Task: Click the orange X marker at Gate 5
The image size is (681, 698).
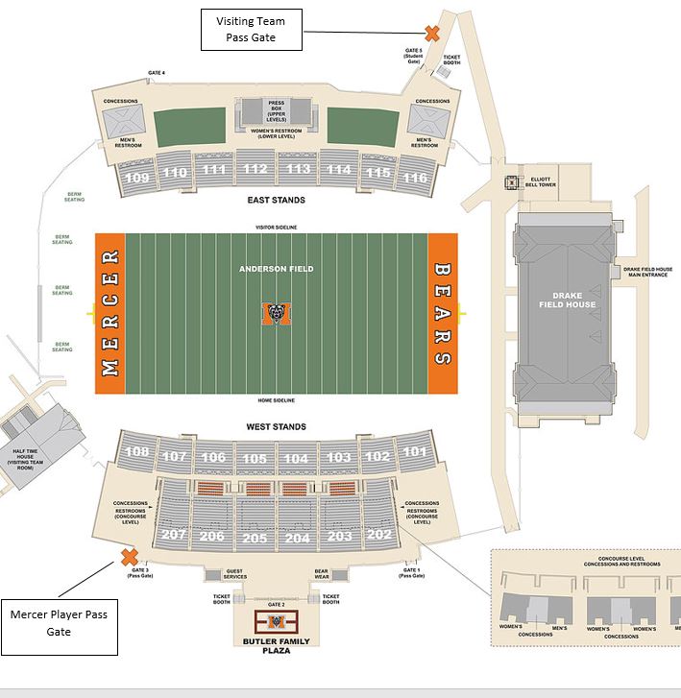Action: point(432,34)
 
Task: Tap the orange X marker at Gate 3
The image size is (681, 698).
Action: point(128,557)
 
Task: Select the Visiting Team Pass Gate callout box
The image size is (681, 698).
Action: point(251,29)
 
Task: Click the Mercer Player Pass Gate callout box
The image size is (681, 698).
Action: point(60,621)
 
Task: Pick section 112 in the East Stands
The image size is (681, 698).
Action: point(255,170)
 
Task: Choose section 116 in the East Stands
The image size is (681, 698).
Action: point(415,178)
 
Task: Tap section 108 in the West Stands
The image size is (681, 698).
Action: point(137,451)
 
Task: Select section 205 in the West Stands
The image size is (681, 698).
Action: point(255,539)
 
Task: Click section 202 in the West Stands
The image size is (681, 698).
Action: point(379,534)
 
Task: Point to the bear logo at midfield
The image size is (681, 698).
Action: point(277,314)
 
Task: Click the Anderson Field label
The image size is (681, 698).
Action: point(277,270)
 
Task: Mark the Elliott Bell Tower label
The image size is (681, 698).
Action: point(541,182)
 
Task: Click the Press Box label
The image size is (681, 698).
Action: point(277,108)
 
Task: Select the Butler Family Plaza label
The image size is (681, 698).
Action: point(276,645)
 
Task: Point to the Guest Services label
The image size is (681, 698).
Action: point(234,574)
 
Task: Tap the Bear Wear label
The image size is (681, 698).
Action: point(322,574)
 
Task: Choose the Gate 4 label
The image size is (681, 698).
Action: point(157,73)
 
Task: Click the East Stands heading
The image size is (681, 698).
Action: point(276,201)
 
